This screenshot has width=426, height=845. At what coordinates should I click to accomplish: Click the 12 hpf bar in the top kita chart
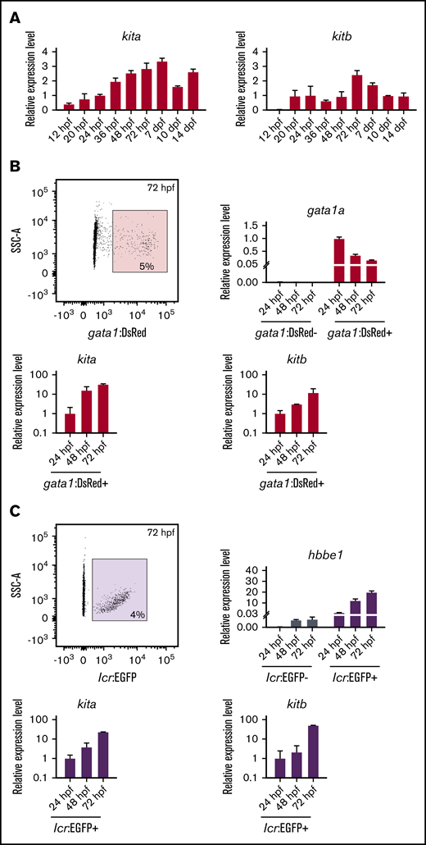tap(69, 107)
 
